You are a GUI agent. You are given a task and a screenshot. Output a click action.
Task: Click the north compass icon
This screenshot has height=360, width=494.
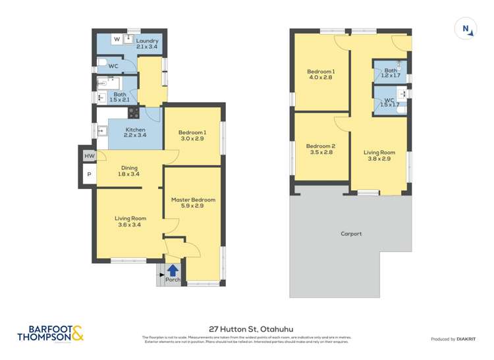466,28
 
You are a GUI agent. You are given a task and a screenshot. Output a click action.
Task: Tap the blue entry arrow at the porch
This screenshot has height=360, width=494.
173,269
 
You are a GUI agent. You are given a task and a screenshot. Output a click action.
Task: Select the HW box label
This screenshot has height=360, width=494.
88,156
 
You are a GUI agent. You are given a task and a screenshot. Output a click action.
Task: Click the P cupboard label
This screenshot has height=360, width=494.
88,175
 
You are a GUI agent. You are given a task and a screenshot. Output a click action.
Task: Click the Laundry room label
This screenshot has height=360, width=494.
147,44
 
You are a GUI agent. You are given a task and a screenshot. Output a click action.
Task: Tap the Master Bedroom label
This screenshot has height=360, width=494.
193,203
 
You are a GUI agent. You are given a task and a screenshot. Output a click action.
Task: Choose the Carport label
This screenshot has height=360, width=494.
350,234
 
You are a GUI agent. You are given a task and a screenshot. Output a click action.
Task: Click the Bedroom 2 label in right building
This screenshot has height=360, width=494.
321,149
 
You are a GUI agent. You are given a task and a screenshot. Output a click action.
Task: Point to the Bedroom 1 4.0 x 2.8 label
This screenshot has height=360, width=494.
321,74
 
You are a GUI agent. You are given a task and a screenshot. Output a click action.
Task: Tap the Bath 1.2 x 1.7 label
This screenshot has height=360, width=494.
391,73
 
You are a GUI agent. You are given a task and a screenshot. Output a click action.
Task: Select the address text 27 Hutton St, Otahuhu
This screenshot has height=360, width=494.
247,328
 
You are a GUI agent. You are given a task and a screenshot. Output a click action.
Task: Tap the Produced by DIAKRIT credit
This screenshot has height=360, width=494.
453,339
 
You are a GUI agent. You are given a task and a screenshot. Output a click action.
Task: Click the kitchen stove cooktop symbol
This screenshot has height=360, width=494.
134,112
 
